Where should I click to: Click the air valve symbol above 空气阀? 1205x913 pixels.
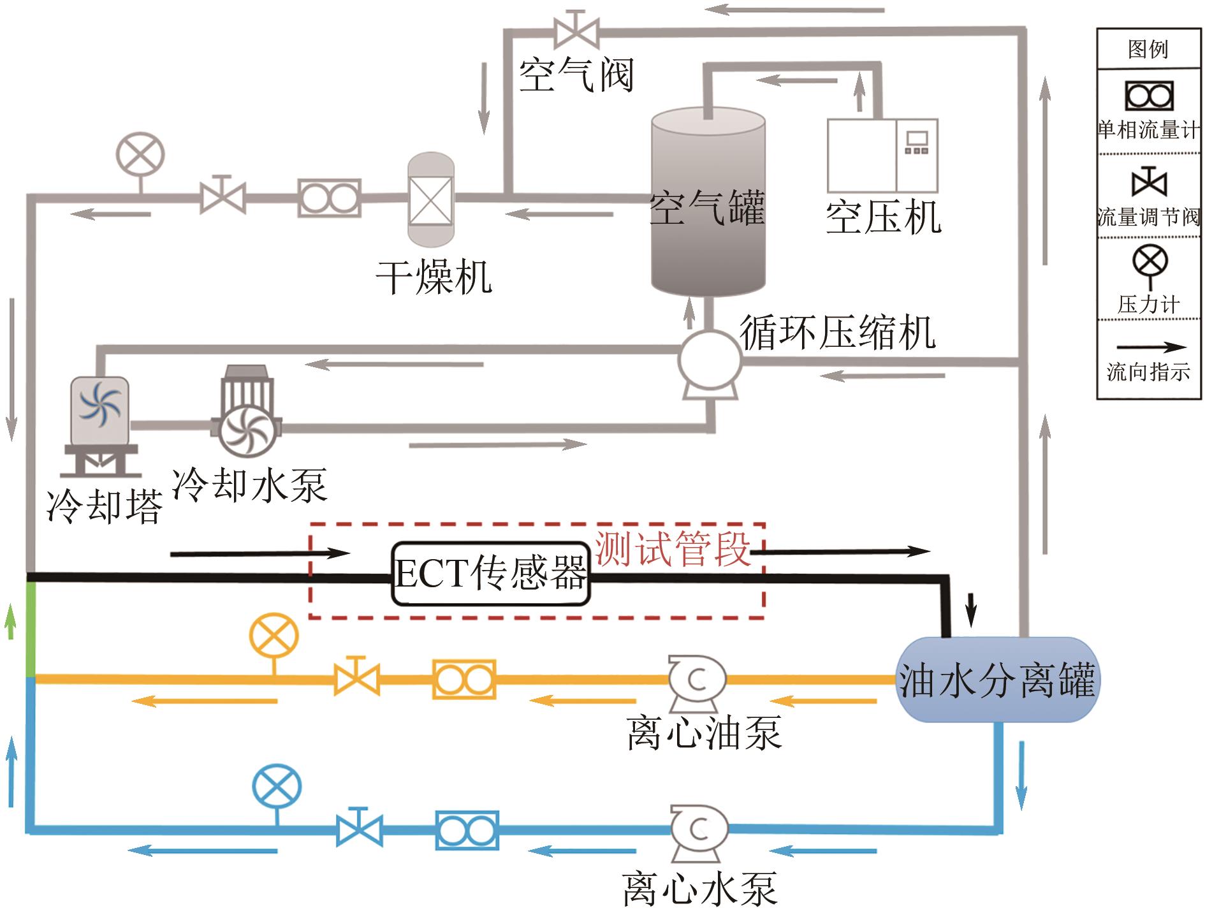576,30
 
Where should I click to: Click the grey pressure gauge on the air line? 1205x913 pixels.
140,156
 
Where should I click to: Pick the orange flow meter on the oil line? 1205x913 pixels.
464,680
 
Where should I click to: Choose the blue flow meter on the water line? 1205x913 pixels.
467,831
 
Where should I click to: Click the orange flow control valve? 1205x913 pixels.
357,678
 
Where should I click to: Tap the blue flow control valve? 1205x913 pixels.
360,829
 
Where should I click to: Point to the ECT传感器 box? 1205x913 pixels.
490,574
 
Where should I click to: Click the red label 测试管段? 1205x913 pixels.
672,548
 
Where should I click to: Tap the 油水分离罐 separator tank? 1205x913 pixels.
997,680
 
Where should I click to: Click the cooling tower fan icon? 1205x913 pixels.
99,404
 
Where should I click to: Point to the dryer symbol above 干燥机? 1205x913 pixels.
430,200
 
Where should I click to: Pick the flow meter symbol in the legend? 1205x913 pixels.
1149,96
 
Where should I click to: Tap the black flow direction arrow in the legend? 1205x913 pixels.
1149,348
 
